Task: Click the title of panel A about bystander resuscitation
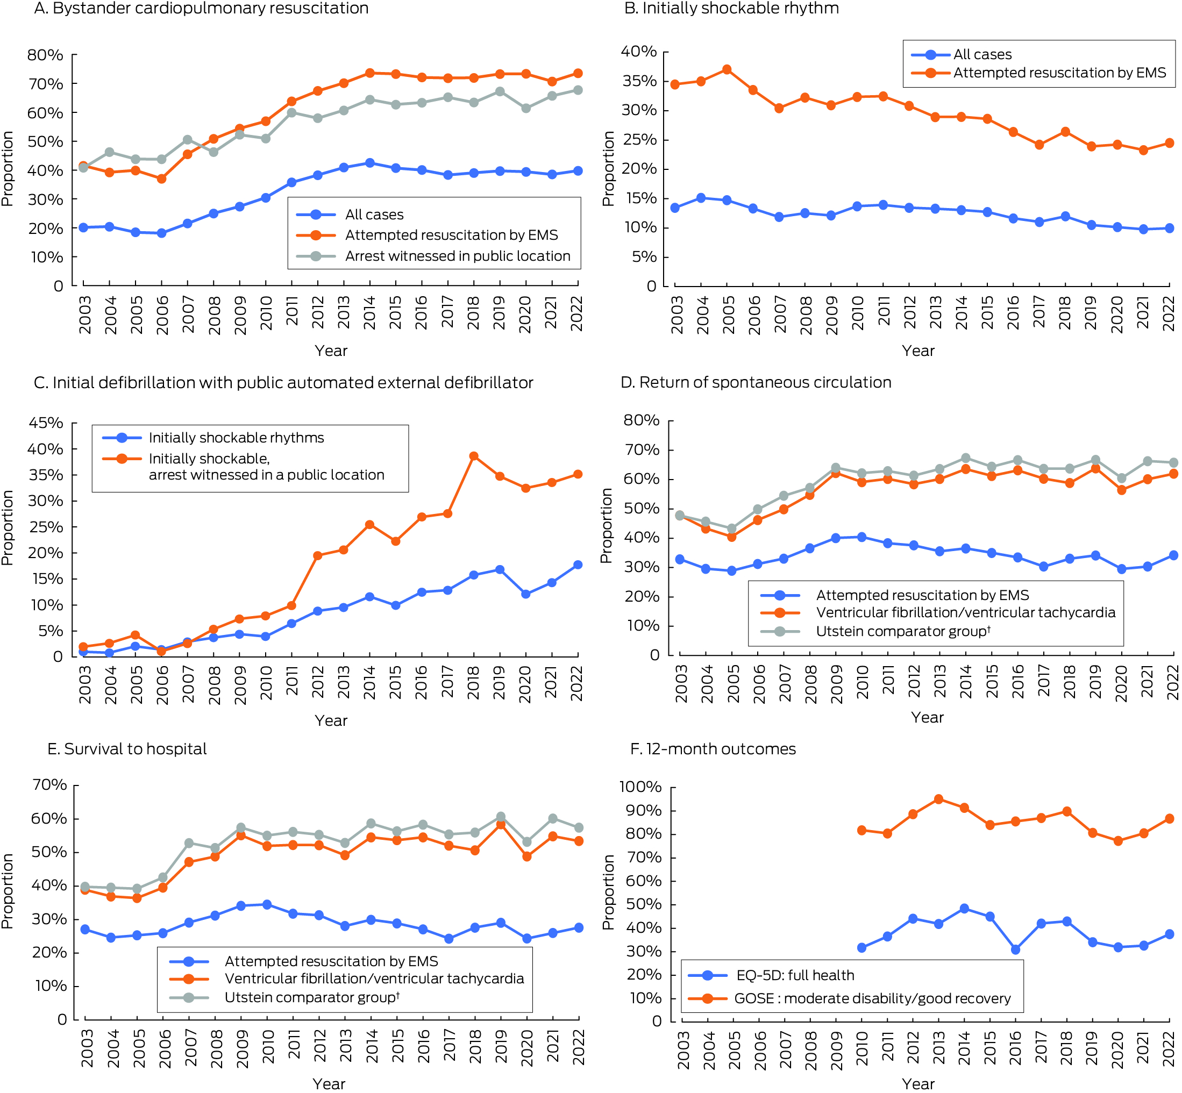coord(201,8)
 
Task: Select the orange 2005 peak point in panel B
coord(727,70)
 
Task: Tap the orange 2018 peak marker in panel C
coord(473,456)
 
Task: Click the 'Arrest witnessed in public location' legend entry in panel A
coord(457,256)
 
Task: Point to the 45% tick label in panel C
coord(46,423)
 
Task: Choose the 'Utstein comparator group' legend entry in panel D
coord(903,631)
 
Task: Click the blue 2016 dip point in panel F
coord(1015,950)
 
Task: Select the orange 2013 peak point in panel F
coord(938,799)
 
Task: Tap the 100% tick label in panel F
coord(640,787)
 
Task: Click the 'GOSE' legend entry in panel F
coord(872,999)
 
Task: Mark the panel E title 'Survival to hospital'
coord(127,749)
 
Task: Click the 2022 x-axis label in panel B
coord(1169,313)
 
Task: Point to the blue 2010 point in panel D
coord(862,537)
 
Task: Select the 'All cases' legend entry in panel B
coord(982,54)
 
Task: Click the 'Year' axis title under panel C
coord(331,720)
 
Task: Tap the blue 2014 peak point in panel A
coord(370,163)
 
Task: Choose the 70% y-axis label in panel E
coord(49,785)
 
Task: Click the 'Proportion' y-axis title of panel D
coord(606,525)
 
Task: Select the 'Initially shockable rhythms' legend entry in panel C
coord(236,438)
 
